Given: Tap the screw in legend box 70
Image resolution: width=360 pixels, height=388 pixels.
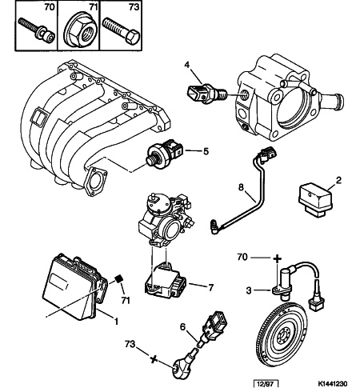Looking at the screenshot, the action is pos(37,30).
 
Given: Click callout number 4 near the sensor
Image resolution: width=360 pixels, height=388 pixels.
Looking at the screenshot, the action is pos(187,64).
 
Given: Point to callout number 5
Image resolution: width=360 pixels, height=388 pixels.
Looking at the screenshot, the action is pos(206,151).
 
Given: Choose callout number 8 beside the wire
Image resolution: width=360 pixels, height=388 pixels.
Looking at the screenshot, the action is pos(241,187).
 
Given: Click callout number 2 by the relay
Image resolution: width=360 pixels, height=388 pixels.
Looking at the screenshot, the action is pos(338,180).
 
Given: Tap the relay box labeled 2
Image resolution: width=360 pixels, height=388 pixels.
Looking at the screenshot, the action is pos(315,199).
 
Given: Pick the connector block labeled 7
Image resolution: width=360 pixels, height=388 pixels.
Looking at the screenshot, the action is pos(165,283).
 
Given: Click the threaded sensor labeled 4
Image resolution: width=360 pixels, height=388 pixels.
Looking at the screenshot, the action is pos(206,93).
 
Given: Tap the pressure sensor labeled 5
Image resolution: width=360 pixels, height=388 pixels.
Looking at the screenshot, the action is pos(165,152).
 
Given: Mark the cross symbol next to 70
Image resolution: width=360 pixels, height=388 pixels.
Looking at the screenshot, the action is pos(277,258).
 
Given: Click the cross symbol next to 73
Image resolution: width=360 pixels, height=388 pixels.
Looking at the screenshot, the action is pos(153,359).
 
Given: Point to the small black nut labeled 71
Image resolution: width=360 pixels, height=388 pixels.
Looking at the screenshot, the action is pos(119,279).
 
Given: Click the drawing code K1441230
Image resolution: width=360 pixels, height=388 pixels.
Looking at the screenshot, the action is pos(334,383).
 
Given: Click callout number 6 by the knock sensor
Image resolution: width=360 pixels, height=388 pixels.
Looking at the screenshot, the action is pos(182,327).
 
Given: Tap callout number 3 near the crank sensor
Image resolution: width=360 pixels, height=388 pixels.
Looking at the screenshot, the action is pos(249,290).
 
